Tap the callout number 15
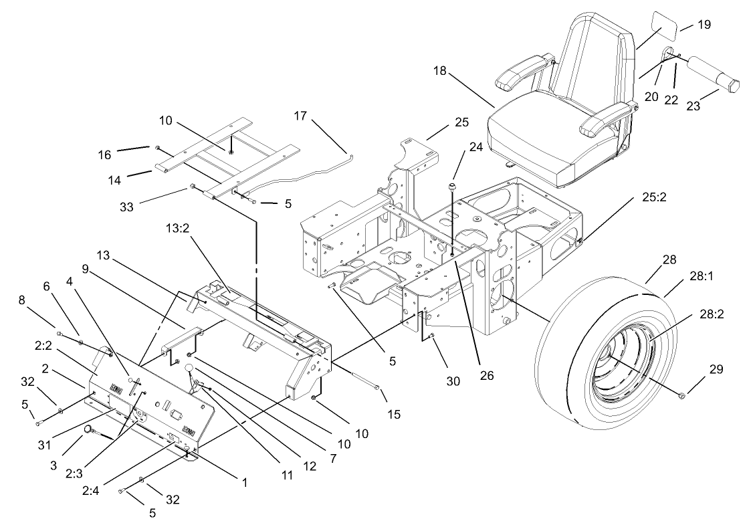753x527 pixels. click(394, 415)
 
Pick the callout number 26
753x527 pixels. click(487, 376)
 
